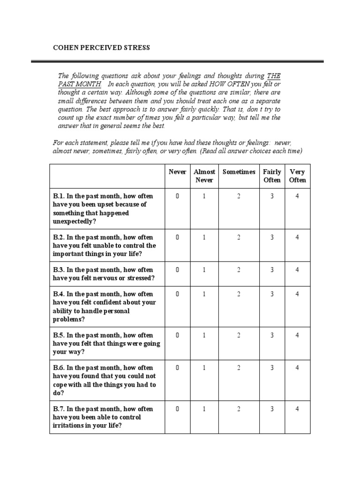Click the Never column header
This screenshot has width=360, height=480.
177,172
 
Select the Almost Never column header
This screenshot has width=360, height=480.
204,176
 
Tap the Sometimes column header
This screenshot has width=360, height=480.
239,172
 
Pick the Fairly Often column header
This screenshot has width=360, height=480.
272,176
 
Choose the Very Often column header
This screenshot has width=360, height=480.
297,176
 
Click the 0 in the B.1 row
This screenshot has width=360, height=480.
177,196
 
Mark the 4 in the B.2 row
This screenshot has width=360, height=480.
297,238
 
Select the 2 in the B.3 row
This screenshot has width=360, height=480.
239,270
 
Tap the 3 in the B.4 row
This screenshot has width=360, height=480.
272,294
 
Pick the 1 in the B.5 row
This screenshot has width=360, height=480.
204,336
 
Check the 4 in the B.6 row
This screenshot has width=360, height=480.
297,368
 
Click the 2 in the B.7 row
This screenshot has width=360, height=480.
239,409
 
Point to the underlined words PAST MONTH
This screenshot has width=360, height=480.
80,84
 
